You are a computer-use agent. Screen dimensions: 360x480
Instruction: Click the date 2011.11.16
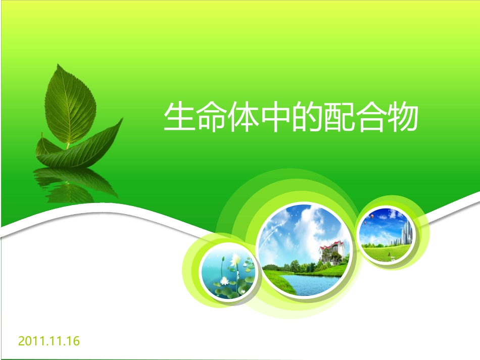click(x=49, y=341)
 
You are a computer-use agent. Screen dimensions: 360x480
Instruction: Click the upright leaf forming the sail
click(x=70, y=104)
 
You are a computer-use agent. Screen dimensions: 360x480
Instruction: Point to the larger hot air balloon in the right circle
click(x=372, y=216)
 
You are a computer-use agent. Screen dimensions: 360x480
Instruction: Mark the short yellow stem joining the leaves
click(x=68, y=145)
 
